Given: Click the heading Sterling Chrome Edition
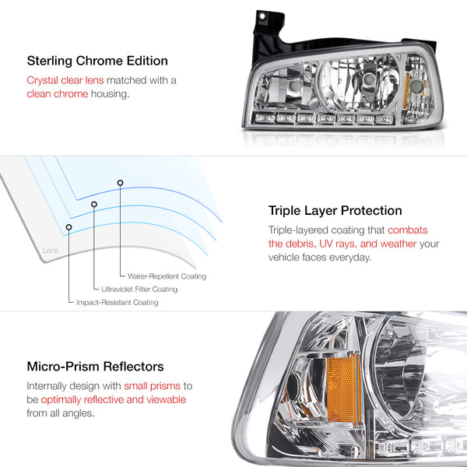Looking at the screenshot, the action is pyautogui.click(x=97, y=61).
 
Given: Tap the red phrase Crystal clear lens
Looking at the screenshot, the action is pyautogui.click(x=65, y=80).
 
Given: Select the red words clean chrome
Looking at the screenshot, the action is pyautogui.click(x=58, y=94).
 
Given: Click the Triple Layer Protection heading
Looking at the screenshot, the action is pyautogui.click(x=335, y=211).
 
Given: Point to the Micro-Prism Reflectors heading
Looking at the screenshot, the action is pyautogui.click(x=95, y=367).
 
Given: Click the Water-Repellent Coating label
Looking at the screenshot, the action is pyautogui.click(x=167, y=276).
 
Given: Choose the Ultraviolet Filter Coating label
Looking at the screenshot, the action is pyautogui.click(x=139, y=290).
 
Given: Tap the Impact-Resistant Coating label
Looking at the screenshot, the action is pyautogui.click(x=118, y=302).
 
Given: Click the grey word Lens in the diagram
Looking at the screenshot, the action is pyautogui.click(x=51, y=250).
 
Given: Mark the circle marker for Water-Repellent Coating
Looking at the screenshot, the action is pyautogui.click(x=120, y=183).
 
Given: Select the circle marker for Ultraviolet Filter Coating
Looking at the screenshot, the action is pyautogui.click(x=94, y=204).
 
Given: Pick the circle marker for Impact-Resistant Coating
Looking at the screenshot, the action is pyautogui.click(x=68, y=227).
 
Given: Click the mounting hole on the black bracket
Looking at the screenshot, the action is pyautogui.click(x=262, y=16).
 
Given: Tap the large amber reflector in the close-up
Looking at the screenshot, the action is pyautogui.click(x=344, y=388).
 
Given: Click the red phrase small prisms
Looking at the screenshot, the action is pyautogui.click(x=153, y=386).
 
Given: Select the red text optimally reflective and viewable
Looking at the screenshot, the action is pyautogui.click(x=114, y=400).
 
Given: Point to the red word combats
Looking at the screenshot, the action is pyautogui.click(x=407, y=230).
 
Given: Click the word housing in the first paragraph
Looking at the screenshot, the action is pyautogui.click(x=111, y=94).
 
